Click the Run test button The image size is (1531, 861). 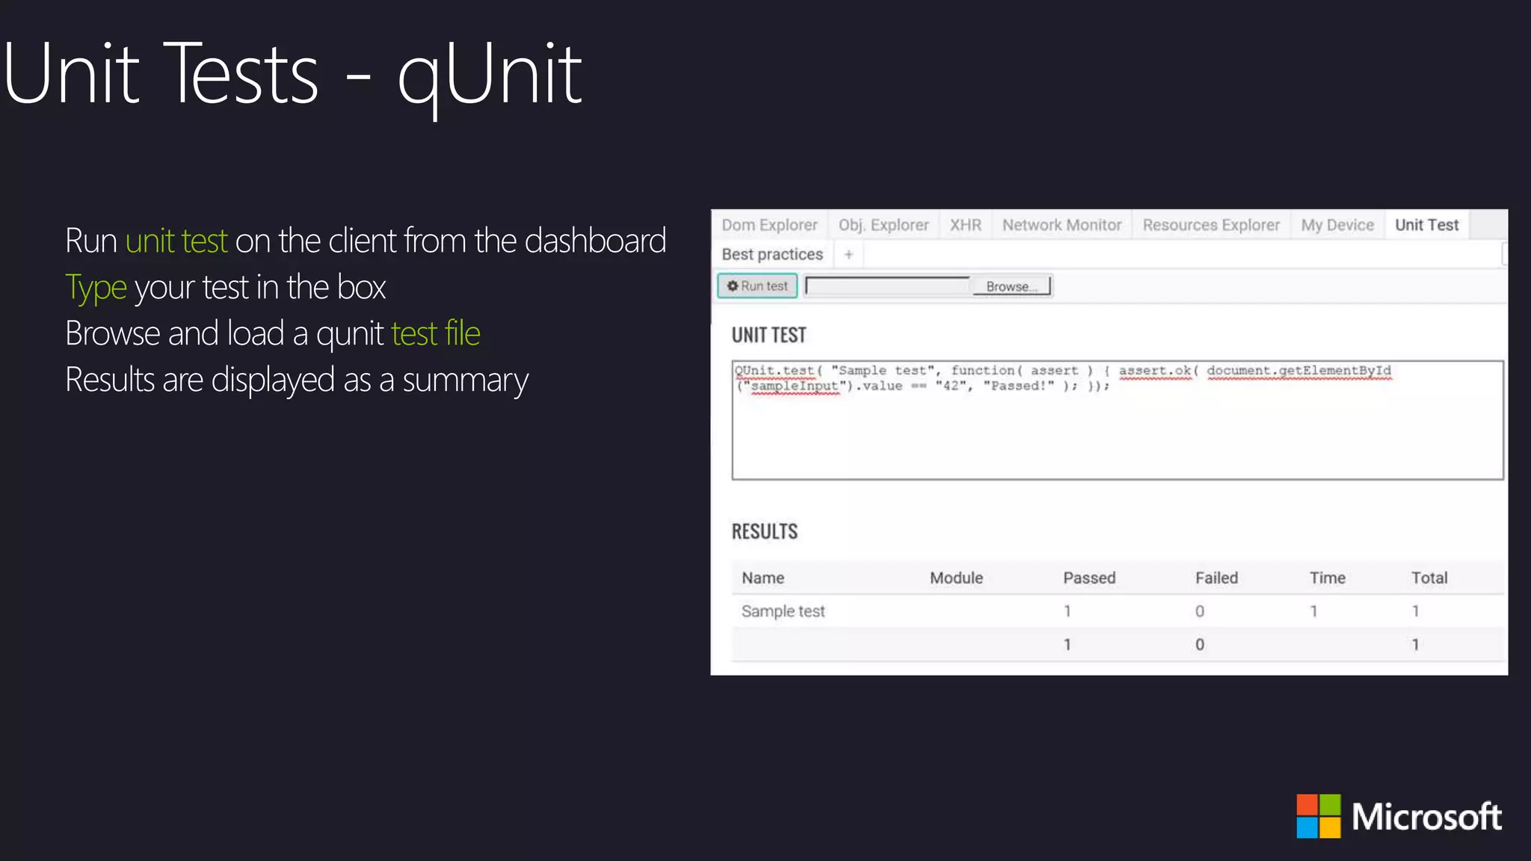click(x=757, y=286)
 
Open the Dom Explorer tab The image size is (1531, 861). click(x=769, y=225)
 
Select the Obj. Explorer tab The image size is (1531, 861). click(x=883, y=225)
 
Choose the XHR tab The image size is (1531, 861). click(x=965, y=225)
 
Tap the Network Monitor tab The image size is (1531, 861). click(x=1062, y=225)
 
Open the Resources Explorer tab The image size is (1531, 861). click(x=1211, y=225)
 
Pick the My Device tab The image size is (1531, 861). click(x=1337, y=225)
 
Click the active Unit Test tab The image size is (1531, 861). click(x=1426, y=225)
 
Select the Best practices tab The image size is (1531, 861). click(x=772, y=255)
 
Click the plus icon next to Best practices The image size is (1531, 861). click(x=848, y=255)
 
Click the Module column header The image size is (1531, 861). click(x=956, y=578)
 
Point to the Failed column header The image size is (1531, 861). click(x=1216, y=578)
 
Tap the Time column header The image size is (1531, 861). click(x=1327, y=578)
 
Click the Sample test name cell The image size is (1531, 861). click(x=783, y=611)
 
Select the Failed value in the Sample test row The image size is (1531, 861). click(x=1199, y=611)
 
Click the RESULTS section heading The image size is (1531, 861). click(x=764, y=531)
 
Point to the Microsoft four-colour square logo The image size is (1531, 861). click(x=1319, y=816)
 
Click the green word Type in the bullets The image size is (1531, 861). click(x=96, y=288)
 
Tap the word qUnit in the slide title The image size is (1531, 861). click(x=490, y=75)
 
